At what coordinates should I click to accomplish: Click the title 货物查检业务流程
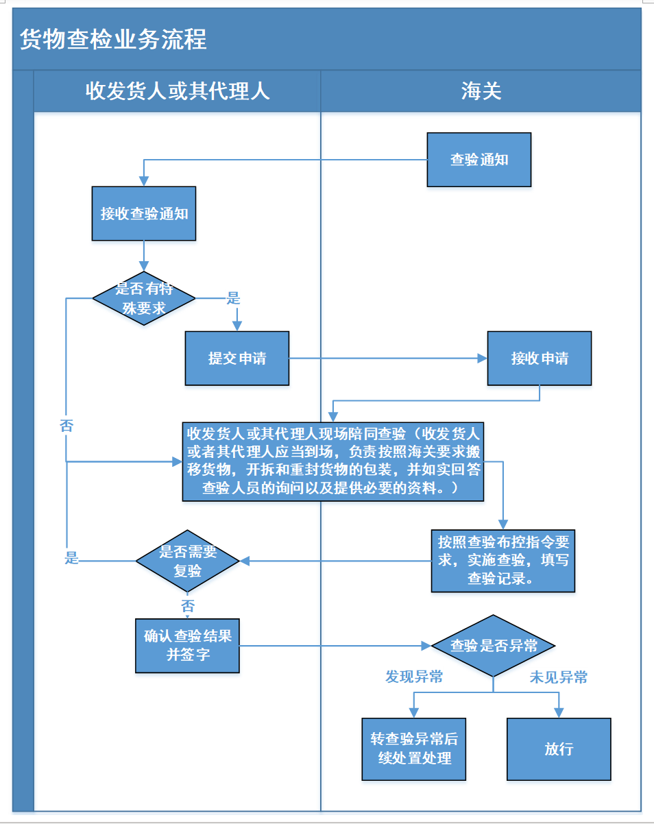tap(114, 40)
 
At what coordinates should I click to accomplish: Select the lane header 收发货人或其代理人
tap(178, 91)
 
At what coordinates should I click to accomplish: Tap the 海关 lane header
tap(481, 91)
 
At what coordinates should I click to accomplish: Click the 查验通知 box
tap(479, 160)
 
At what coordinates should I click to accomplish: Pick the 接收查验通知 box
tap(144, 213)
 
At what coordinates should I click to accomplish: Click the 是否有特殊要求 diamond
tap(144, 299)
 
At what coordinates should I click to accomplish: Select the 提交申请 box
tap(237, 358)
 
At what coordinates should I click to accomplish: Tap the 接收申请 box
tap(540, 358)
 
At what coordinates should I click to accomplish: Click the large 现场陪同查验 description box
tap(333, 461)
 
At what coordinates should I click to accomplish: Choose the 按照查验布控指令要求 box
tap(503, 560)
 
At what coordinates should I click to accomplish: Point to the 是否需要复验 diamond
tap(187, 561)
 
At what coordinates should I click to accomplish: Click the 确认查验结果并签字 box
tap(187, 645)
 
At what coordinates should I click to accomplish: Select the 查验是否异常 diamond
tap(493, 646)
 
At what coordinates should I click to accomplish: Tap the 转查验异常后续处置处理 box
tap(414, 749)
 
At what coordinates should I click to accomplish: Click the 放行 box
tap(559, 749)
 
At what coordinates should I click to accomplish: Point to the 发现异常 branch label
tap(414, 677)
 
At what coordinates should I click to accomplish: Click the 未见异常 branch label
tap(559, 677)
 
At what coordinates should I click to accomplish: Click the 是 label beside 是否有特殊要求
tap(234, 298)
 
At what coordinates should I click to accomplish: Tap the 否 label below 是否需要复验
tap(187, 606)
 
